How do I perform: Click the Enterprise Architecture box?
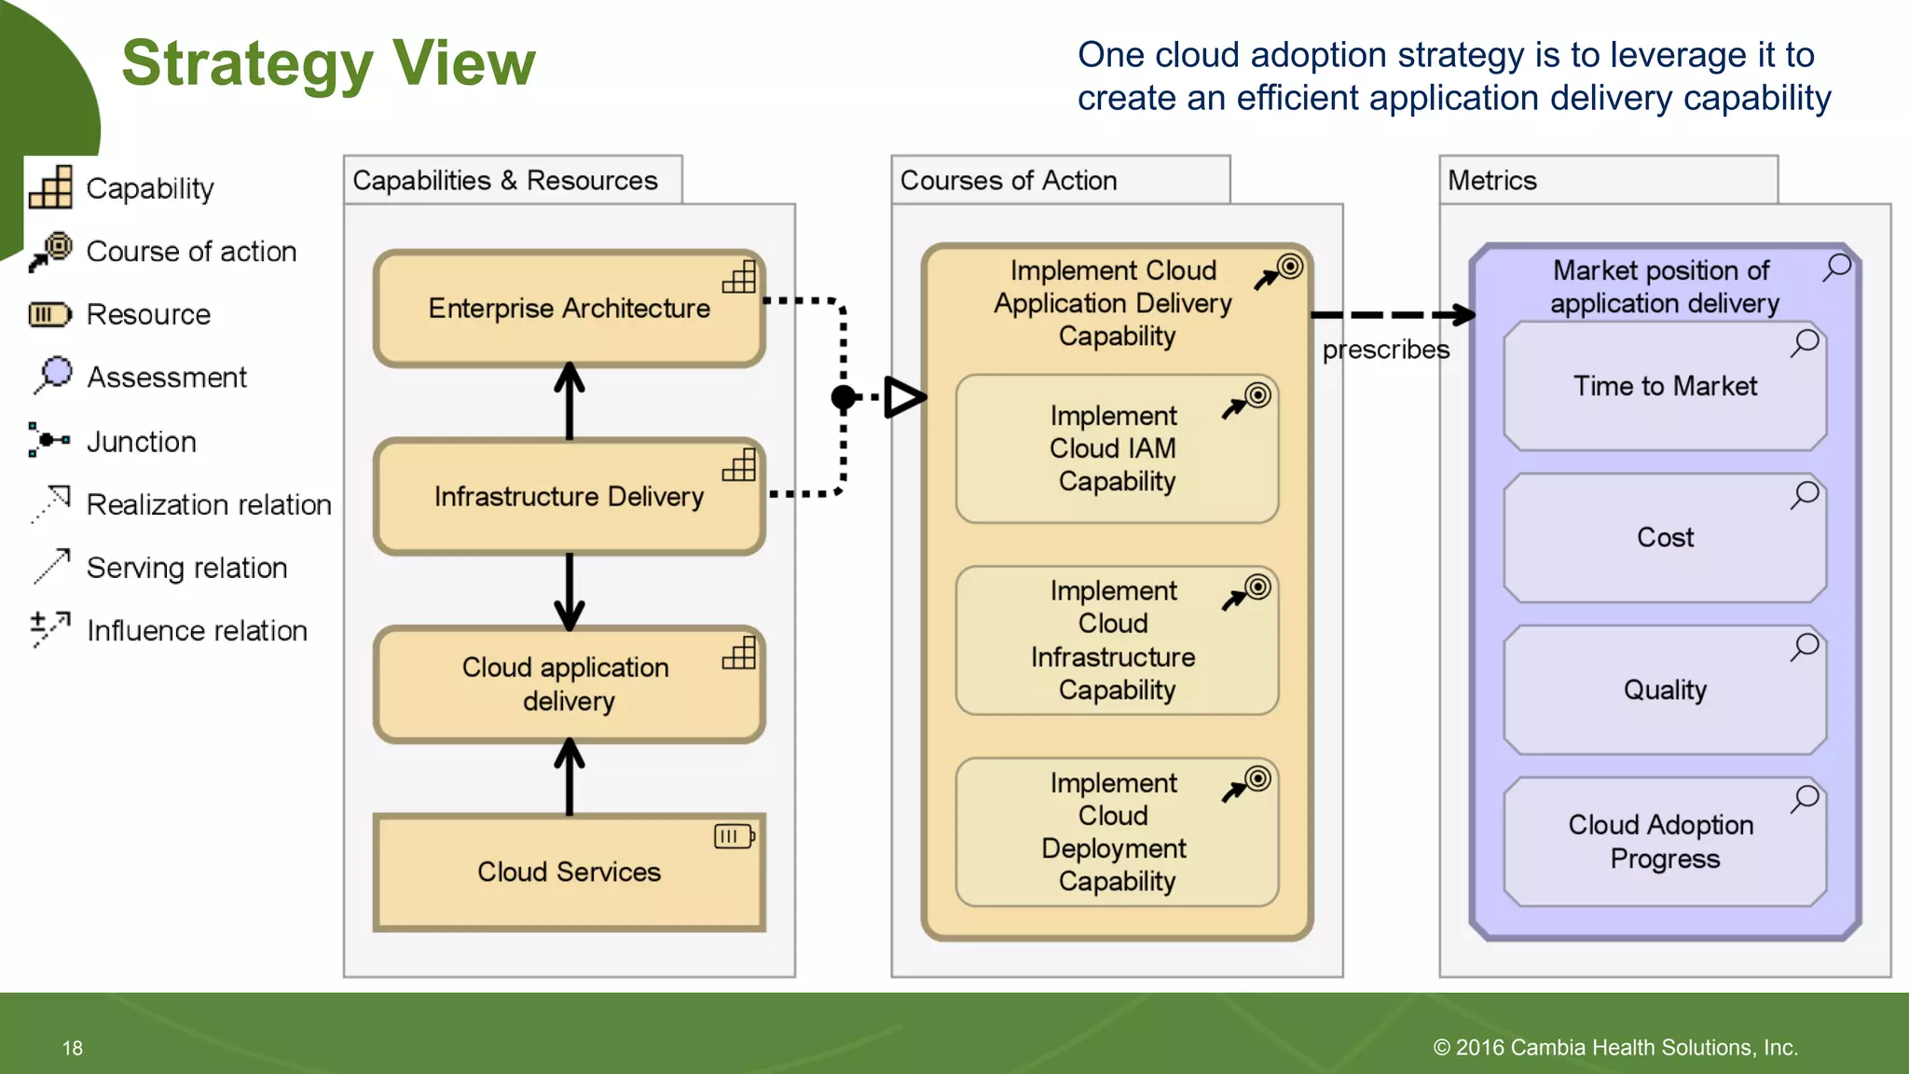click(x=569, y=309)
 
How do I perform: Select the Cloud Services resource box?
click(x=569, y=872)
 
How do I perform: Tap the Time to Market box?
click(x=1665, y=386)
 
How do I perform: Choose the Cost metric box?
click(x=1665, y=538)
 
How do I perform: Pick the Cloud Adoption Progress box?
click(x=1665, y=841)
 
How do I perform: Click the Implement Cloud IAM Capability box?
click(x=1116, y=448)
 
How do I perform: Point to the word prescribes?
click(x=1385, y=350)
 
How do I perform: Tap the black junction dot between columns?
click(x=843, y=398)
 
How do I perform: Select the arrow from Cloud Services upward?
click(x=569, y=778)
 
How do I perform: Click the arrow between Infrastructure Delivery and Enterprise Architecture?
click(x=569, y=402)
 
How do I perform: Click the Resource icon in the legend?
click(x=49, y=315)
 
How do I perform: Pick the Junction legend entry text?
click(x=141, y=442)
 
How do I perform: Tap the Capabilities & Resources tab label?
click(x=504, y=181)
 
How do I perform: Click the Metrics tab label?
click(x=1491, y=181)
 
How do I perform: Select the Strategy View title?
click(x=328, y=63)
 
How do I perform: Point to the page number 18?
click(x=73, y=1048)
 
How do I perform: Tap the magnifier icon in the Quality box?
click(x=1805, y=646)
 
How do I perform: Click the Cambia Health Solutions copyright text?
click(x=1614, y=1048)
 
